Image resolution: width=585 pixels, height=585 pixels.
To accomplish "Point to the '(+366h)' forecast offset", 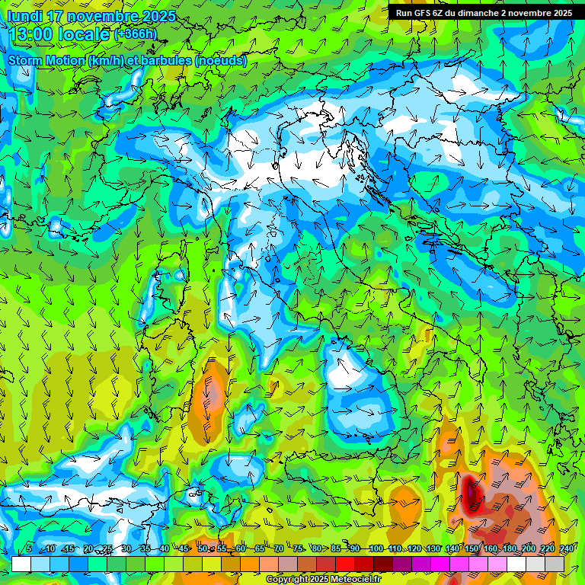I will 135,34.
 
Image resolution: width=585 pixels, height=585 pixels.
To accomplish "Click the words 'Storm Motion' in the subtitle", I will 46,60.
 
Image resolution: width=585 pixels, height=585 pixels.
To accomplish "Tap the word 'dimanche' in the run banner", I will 489,13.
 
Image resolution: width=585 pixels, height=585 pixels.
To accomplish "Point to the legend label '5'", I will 29,549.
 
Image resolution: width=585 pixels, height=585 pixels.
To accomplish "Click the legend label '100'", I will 376,549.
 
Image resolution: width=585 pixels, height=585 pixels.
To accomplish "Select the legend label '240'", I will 566,549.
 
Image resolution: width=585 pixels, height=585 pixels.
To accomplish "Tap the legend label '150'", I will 471,549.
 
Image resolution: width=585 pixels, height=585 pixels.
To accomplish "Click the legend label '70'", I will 279,549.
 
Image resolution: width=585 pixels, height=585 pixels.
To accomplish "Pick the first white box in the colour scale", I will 21,564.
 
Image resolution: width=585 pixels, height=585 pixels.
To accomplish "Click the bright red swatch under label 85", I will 345,564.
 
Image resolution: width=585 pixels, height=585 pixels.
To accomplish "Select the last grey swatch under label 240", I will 555,564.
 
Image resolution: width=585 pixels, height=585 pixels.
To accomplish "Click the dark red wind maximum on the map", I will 471,493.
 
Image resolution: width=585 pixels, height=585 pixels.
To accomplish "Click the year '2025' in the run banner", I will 561,13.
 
